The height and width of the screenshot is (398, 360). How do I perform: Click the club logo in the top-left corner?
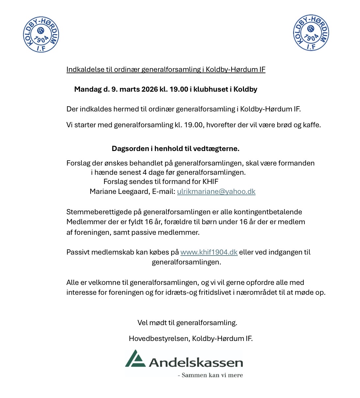coord(41,35)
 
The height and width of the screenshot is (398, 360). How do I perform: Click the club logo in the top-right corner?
coord(311,33)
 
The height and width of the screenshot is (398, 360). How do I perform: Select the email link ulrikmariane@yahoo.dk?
coord(216,192)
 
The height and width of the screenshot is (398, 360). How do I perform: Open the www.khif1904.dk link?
coord(209,252)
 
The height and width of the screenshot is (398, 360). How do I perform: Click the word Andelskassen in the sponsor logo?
coord(196,363)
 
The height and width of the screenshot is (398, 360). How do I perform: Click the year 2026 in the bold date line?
coord(150,89)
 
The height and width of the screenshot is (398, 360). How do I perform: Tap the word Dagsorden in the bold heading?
coord(130,149)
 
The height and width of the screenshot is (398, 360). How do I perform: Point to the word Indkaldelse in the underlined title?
coord(85,70)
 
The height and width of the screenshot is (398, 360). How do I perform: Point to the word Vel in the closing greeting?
coord(143,323)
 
